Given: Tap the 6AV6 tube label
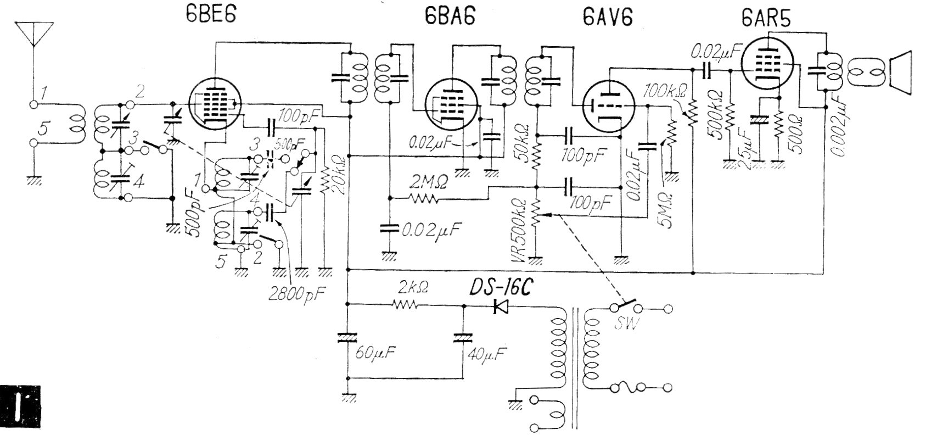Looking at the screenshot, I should (x=608, y=18).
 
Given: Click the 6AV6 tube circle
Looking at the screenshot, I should (x=608, y=107).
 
